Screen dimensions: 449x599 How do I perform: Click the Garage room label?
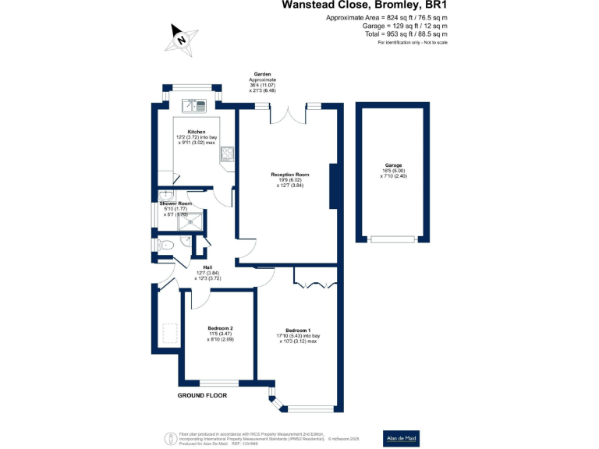point(393,166)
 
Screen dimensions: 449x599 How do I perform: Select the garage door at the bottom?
point(392,239)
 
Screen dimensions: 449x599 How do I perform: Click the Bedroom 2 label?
point(221,328)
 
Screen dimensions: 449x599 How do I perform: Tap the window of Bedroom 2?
point(219,383)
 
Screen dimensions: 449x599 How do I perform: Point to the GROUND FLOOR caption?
point(201,396)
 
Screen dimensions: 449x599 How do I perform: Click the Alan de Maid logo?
point(402,438)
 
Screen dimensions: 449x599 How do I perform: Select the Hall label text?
point(208,267)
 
